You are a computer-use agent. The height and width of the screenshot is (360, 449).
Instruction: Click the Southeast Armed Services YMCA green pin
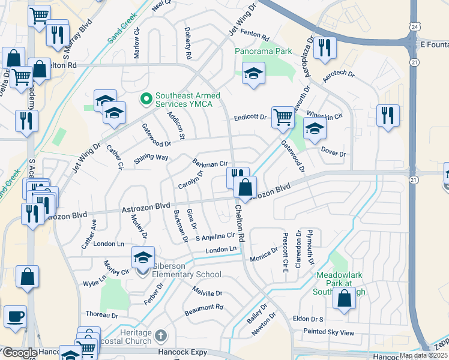[145, 97]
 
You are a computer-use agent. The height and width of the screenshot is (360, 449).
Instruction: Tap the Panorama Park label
[264, 52]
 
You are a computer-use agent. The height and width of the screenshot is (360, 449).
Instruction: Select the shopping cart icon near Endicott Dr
[282, 117]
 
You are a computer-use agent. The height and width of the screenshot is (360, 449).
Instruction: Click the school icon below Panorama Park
[253, 74]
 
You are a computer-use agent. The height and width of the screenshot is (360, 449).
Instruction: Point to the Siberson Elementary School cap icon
[143, 257]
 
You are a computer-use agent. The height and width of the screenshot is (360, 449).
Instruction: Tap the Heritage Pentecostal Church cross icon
[160, 335]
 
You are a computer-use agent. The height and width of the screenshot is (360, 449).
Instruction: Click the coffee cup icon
[15, 316]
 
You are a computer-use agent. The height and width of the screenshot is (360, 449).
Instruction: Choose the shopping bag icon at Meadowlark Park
[345, 299]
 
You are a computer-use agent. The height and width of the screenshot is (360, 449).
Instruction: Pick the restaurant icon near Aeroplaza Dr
[325, 47]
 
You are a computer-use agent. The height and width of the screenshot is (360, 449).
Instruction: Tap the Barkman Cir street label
[209, 163]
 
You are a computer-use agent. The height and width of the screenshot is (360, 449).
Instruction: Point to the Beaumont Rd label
[204, 307]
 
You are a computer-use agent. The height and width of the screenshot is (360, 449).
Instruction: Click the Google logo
[19, 353]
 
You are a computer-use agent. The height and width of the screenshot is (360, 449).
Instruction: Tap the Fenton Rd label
[256, 37]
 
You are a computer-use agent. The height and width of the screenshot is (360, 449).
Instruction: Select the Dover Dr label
[334, 154]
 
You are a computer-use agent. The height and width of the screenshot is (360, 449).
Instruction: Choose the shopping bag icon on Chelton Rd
[245, 187]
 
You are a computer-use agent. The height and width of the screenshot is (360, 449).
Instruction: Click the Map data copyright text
[423, 355]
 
